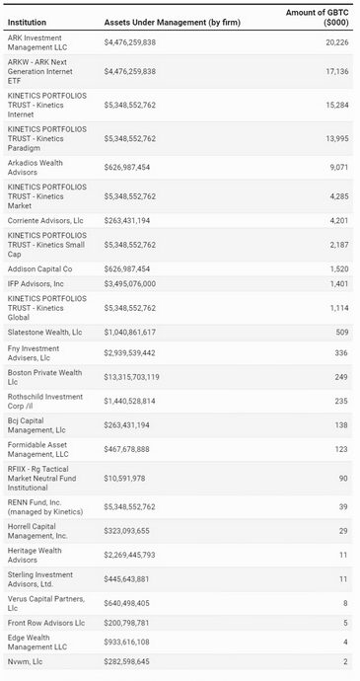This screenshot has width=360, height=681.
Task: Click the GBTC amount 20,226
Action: [x=334, y=42]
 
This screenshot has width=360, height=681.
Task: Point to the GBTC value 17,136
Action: [x=334, y=72]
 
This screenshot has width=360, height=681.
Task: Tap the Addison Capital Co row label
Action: [x=39, y=267]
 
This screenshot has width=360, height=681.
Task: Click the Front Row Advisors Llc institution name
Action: [x=46, y=623]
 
